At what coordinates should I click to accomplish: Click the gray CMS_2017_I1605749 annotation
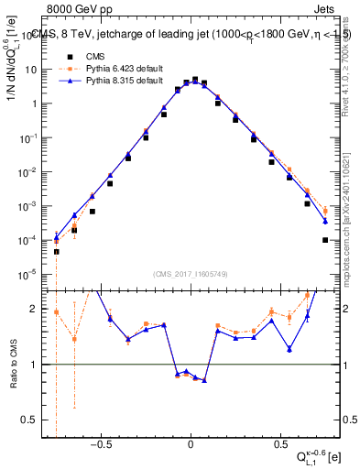[x=190, y=274]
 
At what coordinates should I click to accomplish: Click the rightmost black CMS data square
[x=325, y=240]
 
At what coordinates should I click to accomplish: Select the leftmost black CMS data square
[x=56, y=251]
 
